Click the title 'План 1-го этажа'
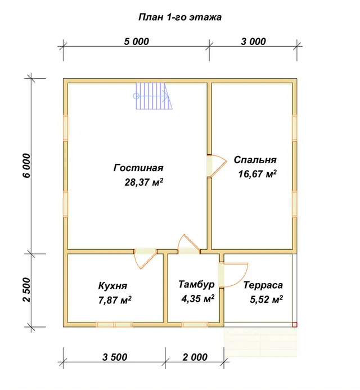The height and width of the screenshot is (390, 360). (x=180, y=17)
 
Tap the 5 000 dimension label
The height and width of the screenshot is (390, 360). (x=137, y=42)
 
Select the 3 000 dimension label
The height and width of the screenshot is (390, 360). (x=253, y=42)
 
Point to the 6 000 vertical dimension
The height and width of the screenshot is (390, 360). (x=26, y=165)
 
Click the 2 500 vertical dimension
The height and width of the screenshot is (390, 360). (x=26, y=290)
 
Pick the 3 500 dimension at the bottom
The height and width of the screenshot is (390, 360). (x=115, y=357)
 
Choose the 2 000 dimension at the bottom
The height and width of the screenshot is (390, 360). (x=195, y=357)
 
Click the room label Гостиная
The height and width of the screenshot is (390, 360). (x=138, y=168)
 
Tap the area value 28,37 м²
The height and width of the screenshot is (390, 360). (x=144, y=182)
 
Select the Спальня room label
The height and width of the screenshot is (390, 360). (x=255, y=160)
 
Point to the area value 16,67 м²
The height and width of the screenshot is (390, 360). (x=257, y=174)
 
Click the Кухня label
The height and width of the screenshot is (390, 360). (x=112, y=286)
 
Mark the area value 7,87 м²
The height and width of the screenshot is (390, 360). (x=115, y=300)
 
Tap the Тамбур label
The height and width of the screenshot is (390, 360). (x=196, y=284)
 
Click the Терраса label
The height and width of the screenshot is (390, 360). (x=263, y=285)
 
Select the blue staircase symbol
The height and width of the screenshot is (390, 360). (x=153, y=96)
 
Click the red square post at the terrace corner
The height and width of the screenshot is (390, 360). (x=295, y=325)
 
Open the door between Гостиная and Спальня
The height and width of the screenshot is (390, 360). (x=217, y=166)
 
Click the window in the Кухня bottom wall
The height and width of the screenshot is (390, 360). (x=114, y=325)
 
